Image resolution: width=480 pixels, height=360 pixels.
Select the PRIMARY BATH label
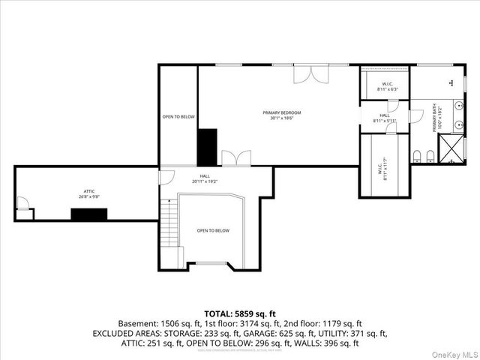[434, 118]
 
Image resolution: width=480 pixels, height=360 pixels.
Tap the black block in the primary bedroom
[207, 147]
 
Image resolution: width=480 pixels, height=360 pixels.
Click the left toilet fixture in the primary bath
[417, 156]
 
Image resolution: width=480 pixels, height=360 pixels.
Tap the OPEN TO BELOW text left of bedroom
[178, 117]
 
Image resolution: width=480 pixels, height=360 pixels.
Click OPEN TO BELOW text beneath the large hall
[213, 230]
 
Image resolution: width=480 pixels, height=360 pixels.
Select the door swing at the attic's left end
[23, 202]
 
